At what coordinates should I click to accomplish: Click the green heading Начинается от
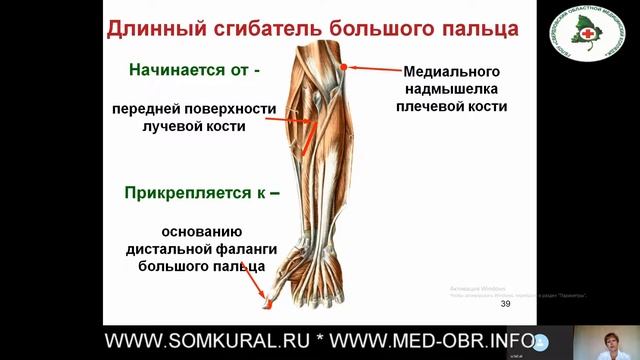pos(194,71)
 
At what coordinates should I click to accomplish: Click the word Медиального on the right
pos(451,72)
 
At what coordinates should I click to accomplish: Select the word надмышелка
pos(451,89)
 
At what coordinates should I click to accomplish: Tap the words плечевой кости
pos(451,106)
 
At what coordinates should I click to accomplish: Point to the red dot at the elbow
pos(343,67)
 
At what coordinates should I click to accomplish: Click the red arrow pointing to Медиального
pos(371,69)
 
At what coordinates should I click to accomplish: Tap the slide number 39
pos(505,304)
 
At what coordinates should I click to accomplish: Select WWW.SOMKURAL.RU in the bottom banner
pos(209,342)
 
